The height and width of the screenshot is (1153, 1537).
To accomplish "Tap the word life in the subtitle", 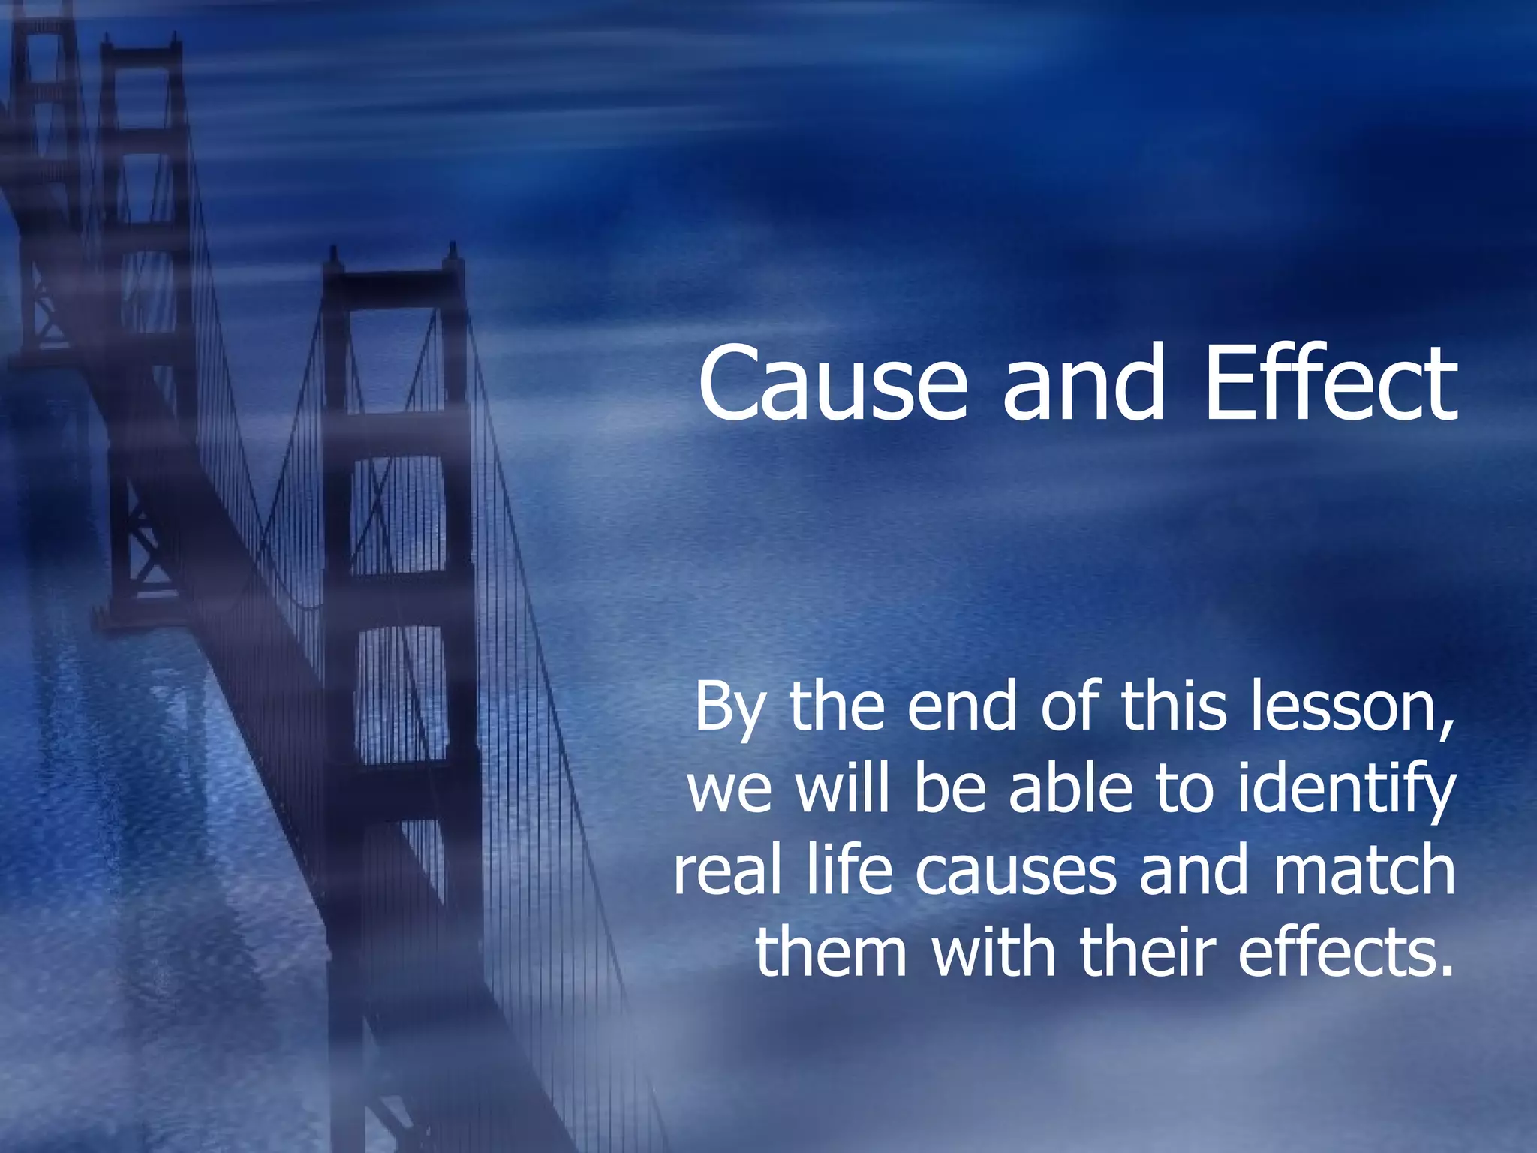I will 850,871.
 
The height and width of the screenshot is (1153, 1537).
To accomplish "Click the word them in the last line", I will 832,952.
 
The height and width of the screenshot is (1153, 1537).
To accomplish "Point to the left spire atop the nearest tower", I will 333,259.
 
